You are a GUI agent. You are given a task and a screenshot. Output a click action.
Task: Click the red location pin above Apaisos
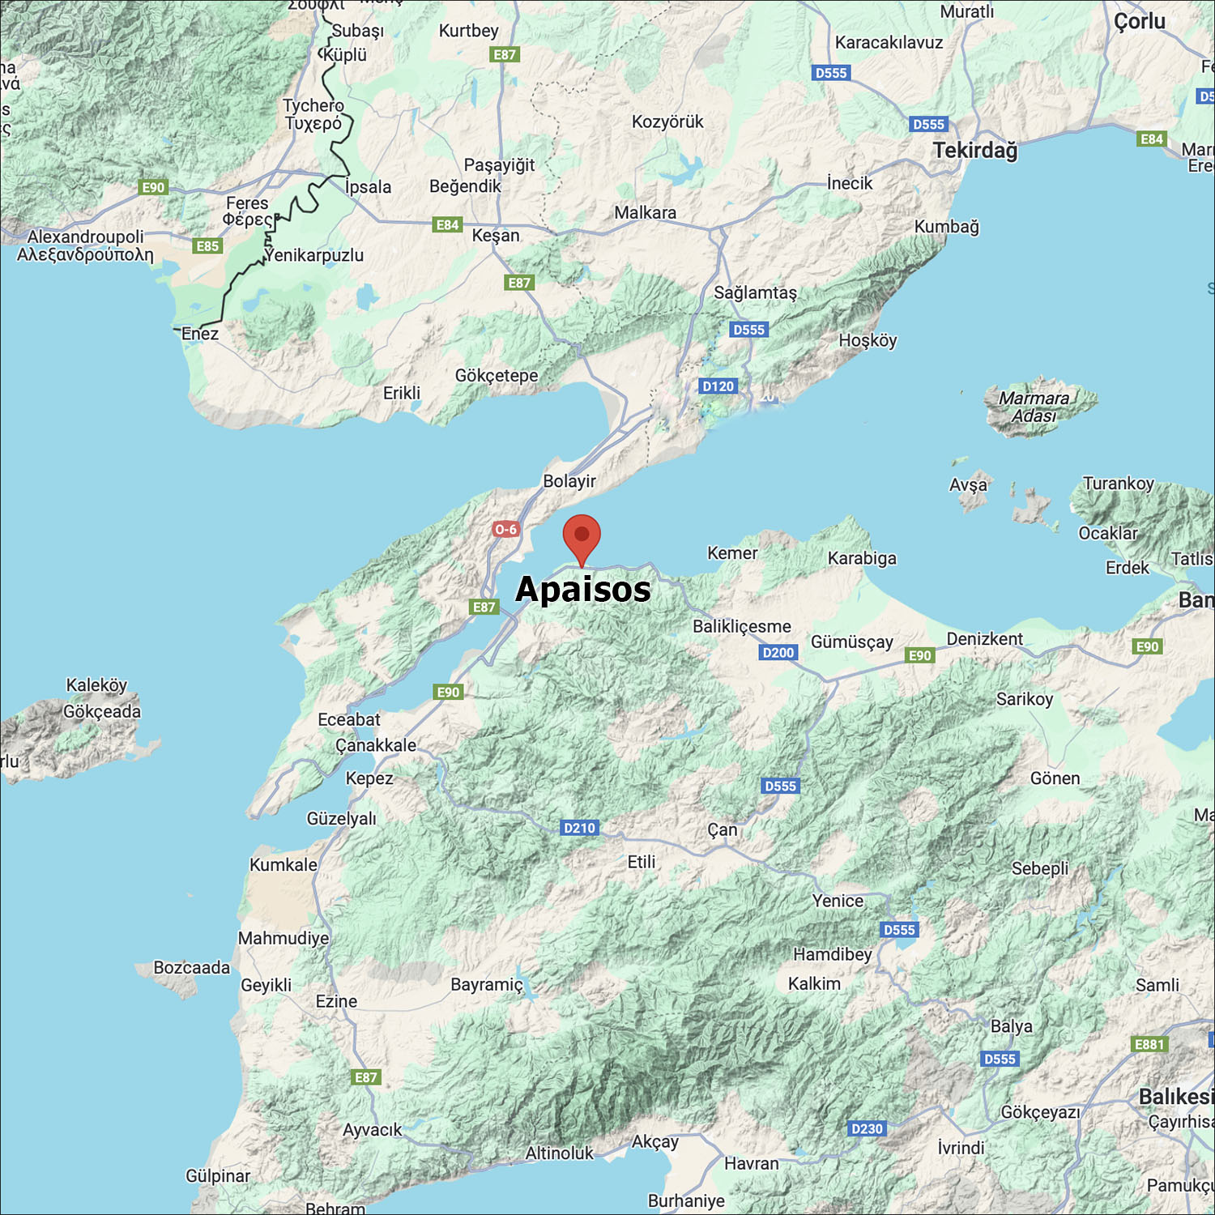(582, 536)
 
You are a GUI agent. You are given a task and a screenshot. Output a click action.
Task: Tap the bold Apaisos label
(583, 589)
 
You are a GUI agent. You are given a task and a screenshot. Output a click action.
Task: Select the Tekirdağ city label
(975, 151)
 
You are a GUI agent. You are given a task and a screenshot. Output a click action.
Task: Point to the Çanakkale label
(376, 745)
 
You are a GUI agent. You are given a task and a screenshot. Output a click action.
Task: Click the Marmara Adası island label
(1034, 407)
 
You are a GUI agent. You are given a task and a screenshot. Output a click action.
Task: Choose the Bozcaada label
(192, 968)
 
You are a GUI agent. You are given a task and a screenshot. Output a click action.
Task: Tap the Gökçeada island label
(102, 711)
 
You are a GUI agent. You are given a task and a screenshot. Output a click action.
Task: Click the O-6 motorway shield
(505, 530)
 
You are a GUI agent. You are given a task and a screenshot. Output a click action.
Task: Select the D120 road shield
(718, 386)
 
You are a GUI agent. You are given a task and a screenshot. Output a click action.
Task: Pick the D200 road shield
(778, 653)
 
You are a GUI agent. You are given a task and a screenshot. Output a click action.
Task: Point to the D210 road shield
(579, 828)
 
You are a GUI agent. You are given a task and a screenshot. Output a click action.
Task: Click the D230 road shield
(867, 1128)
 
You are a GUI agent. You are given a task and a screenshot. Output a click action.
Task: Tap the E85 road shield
(207, 246)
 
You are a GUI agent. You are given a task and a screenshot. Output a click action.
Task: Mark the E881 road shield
(1149, 1044)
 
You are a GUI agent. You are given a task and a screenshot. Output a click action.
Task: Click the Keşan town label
(496, 236)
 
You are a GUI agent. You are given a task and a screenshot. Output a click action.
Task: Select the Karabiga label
(862, 558)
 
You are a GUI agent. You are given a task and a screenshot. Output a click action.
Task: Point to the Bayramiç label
(487, 985)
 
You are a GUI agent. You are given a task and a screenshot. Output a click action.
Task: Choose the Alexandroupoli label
(85, 237)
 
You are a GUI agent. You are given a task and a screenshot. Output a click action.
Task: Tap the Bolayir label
(569, 481)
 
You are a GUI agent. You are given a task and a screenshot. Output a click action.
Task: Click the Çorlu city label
(1140, 22)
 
